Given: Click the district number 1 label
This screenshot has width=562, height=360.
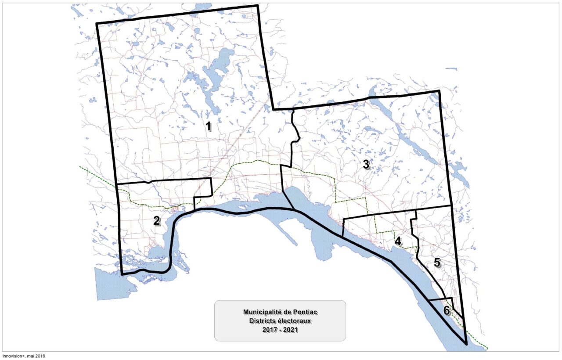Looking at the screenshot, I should (209, 127).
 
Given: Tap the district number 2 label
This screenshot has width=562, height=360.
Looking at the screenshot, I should (156, 221).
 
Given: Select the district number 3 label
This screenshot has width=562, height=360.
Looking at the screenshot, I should (366, 165).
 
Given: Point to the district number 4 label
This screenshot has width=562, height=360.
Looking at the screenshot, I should (398, 241).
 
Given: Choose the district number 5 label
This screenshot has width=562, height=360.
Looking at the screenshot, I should (437, 263).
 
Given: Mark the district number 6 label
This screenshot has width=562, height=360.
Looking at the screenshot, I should (447, 311).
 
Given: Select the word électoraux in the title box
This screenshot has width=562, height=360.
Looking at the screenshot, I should (295, 320).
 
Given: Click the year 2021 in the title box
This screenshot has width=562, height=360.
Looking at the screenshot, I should (291, 329).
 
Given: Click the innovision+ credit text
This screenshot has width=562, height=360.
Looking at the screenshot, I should (14, 356).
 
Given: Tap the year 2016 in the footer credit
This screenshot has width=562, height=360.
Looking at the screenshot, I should (40, 356).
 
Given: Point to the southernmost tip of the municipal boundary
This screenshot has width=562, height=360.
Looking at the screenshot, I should (465, 344).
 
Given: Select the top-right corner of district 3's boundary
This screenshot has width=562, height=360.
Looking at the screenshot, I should (439, 91).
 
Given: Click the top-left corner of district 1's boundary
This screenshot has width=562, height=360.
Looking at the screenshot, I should (97, 23).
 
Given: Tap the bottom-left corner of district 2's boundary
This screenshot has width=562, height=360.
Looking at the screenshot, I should (122, 274).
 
